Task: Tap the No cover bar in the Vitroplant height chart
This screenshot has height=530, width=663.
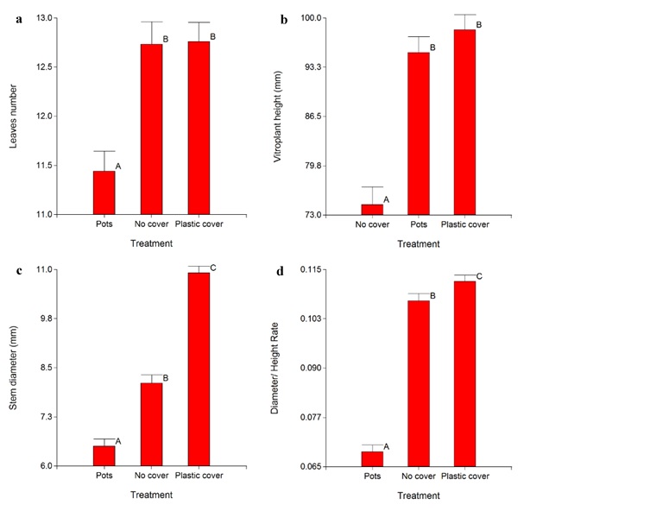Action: click(372, 209)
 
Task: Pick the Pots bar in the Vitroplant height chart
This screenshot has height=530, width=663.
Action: click(419, 133)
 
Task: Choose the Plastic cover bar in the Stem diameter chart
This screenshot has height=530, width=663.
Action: click(199, 369)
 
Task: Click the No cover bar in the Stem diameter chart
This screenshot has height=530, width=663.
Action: click(151, 424)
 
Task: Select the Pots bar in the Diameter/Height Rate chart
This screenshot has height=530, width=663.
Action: click(372, 458)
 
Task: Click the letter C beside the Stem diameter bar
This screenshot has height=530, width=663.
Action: click(213, 268)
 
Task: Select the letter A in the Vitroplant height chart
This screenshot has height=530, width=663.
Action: click(386, 199)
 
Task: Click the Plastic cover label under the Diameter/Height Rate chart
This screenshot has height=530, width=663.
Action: click(465, 476)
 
